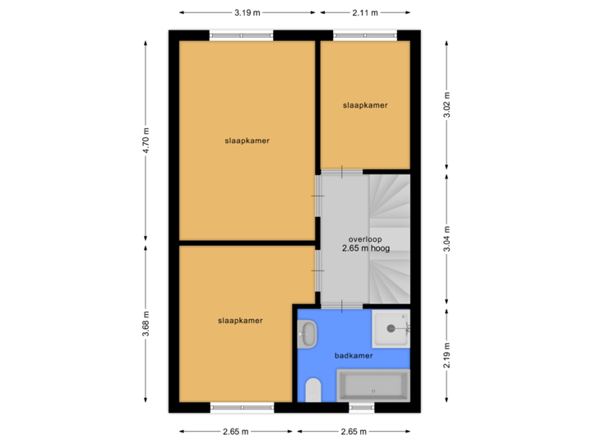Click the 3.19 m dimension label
pyautogui.click(x=247, y=12)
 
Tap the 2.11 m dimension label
pyautogui.click(x=364, y=12)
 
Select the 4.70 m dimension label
pyautogui.click(x=146, y=140)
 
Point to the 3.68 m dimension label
pyautogui.click(x=146, y=322)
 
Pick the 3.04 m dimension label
pyautogui.click(x=446, y=237)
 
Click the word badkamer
pyautogui.click(x=354, y=356)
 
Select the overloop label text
pyautogui.click(x=365, y=239)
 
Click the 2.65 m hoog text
pyautogui.click(x=365, y=248)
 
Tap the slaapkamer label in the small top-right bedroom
pyautogui.click(x=365, y=105)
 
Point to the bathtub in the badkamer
pyautogui.click(x=372, y=385)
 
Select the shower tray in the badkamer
pyautogui.click(x=390, y=328)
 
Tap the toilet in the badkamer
pyautogui.click(x=312, y=389)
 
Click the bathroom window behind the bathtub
pyautogui.click(x=361, y=407)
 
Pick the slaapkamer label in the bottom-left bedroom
pyautogui.click(x=240, y=321)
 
